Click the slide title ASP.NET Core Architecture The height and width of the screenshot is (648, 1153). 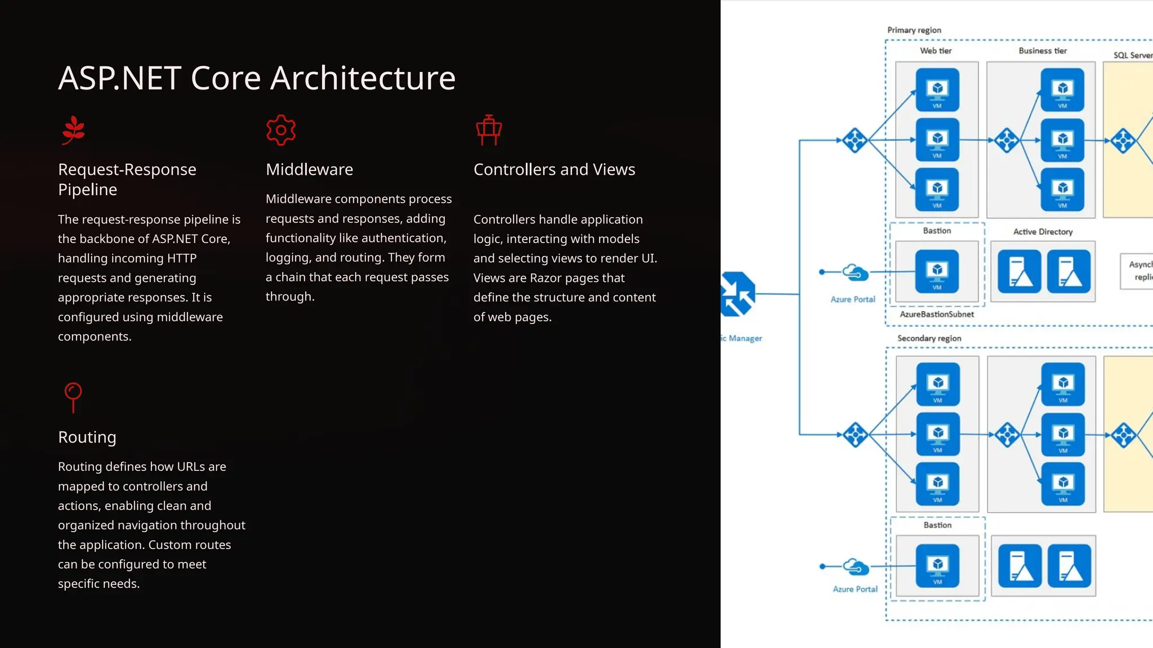pyautogui.click(x=257, y=78)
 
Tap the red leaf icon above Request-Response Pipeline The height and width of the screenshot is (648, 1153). pyautogui.click(x=73, y=130)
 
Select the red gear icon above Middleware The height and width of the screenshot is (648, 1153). pyautogui.click(x=281, y=130)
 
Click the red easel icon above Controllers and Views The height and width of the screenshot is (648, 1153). pyautogui.click(x=489, y=130)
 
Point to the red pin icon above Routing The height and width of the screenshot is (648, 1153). pyautogui.click(x=73, y=397)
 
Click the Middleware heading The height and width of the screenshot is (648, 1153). pyautogui.click(x=309, y=169)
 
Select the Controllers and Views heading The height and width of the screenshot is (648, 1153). pyautogui.click(x=554, y=169)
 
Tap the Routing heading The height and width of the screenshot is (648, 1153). pyautogui.click(x=87, y=437)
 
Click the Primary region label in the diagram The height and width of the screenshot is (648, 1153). pyautogui.click(x=914, y=30)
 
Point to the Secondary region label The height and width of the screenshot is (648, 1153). pyautogui.click(x=929, y=338)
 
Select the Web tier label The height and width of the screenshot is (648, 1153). pyautogui.click(x=936, y=51)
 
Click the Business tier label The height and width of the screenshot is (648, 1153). pyautogui.click(x=1043, y=51)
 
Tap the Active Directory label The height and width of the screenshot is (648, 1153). pyautogui.click(x=1043, y=232)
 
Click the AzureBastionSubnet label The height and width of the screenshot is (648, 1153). pyautogui.click(x=936, y=314)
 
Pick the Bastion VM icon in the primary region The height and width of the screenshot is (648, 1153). pyautogui.click(x=937, y=272)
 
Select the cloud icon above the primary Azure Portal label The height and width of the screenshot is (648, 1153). pyautogui.click(x=856, y=273)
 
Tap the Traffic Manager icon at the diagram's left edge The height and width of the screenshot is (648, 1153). pyautogui.click(x=737, y=294)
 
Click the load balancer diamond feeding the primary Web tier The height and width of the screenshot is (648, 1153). pyautogui.click(x=855, y=140)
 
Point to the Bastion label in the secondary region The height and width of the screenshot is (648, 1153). pyautogui.click(x=937, y=525)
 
